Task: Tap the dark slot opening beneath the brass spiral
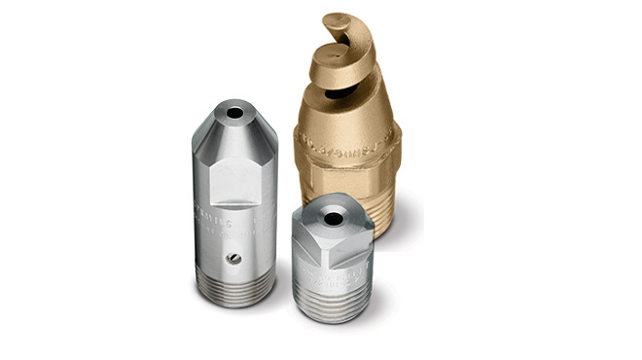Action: coord(342,93)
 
